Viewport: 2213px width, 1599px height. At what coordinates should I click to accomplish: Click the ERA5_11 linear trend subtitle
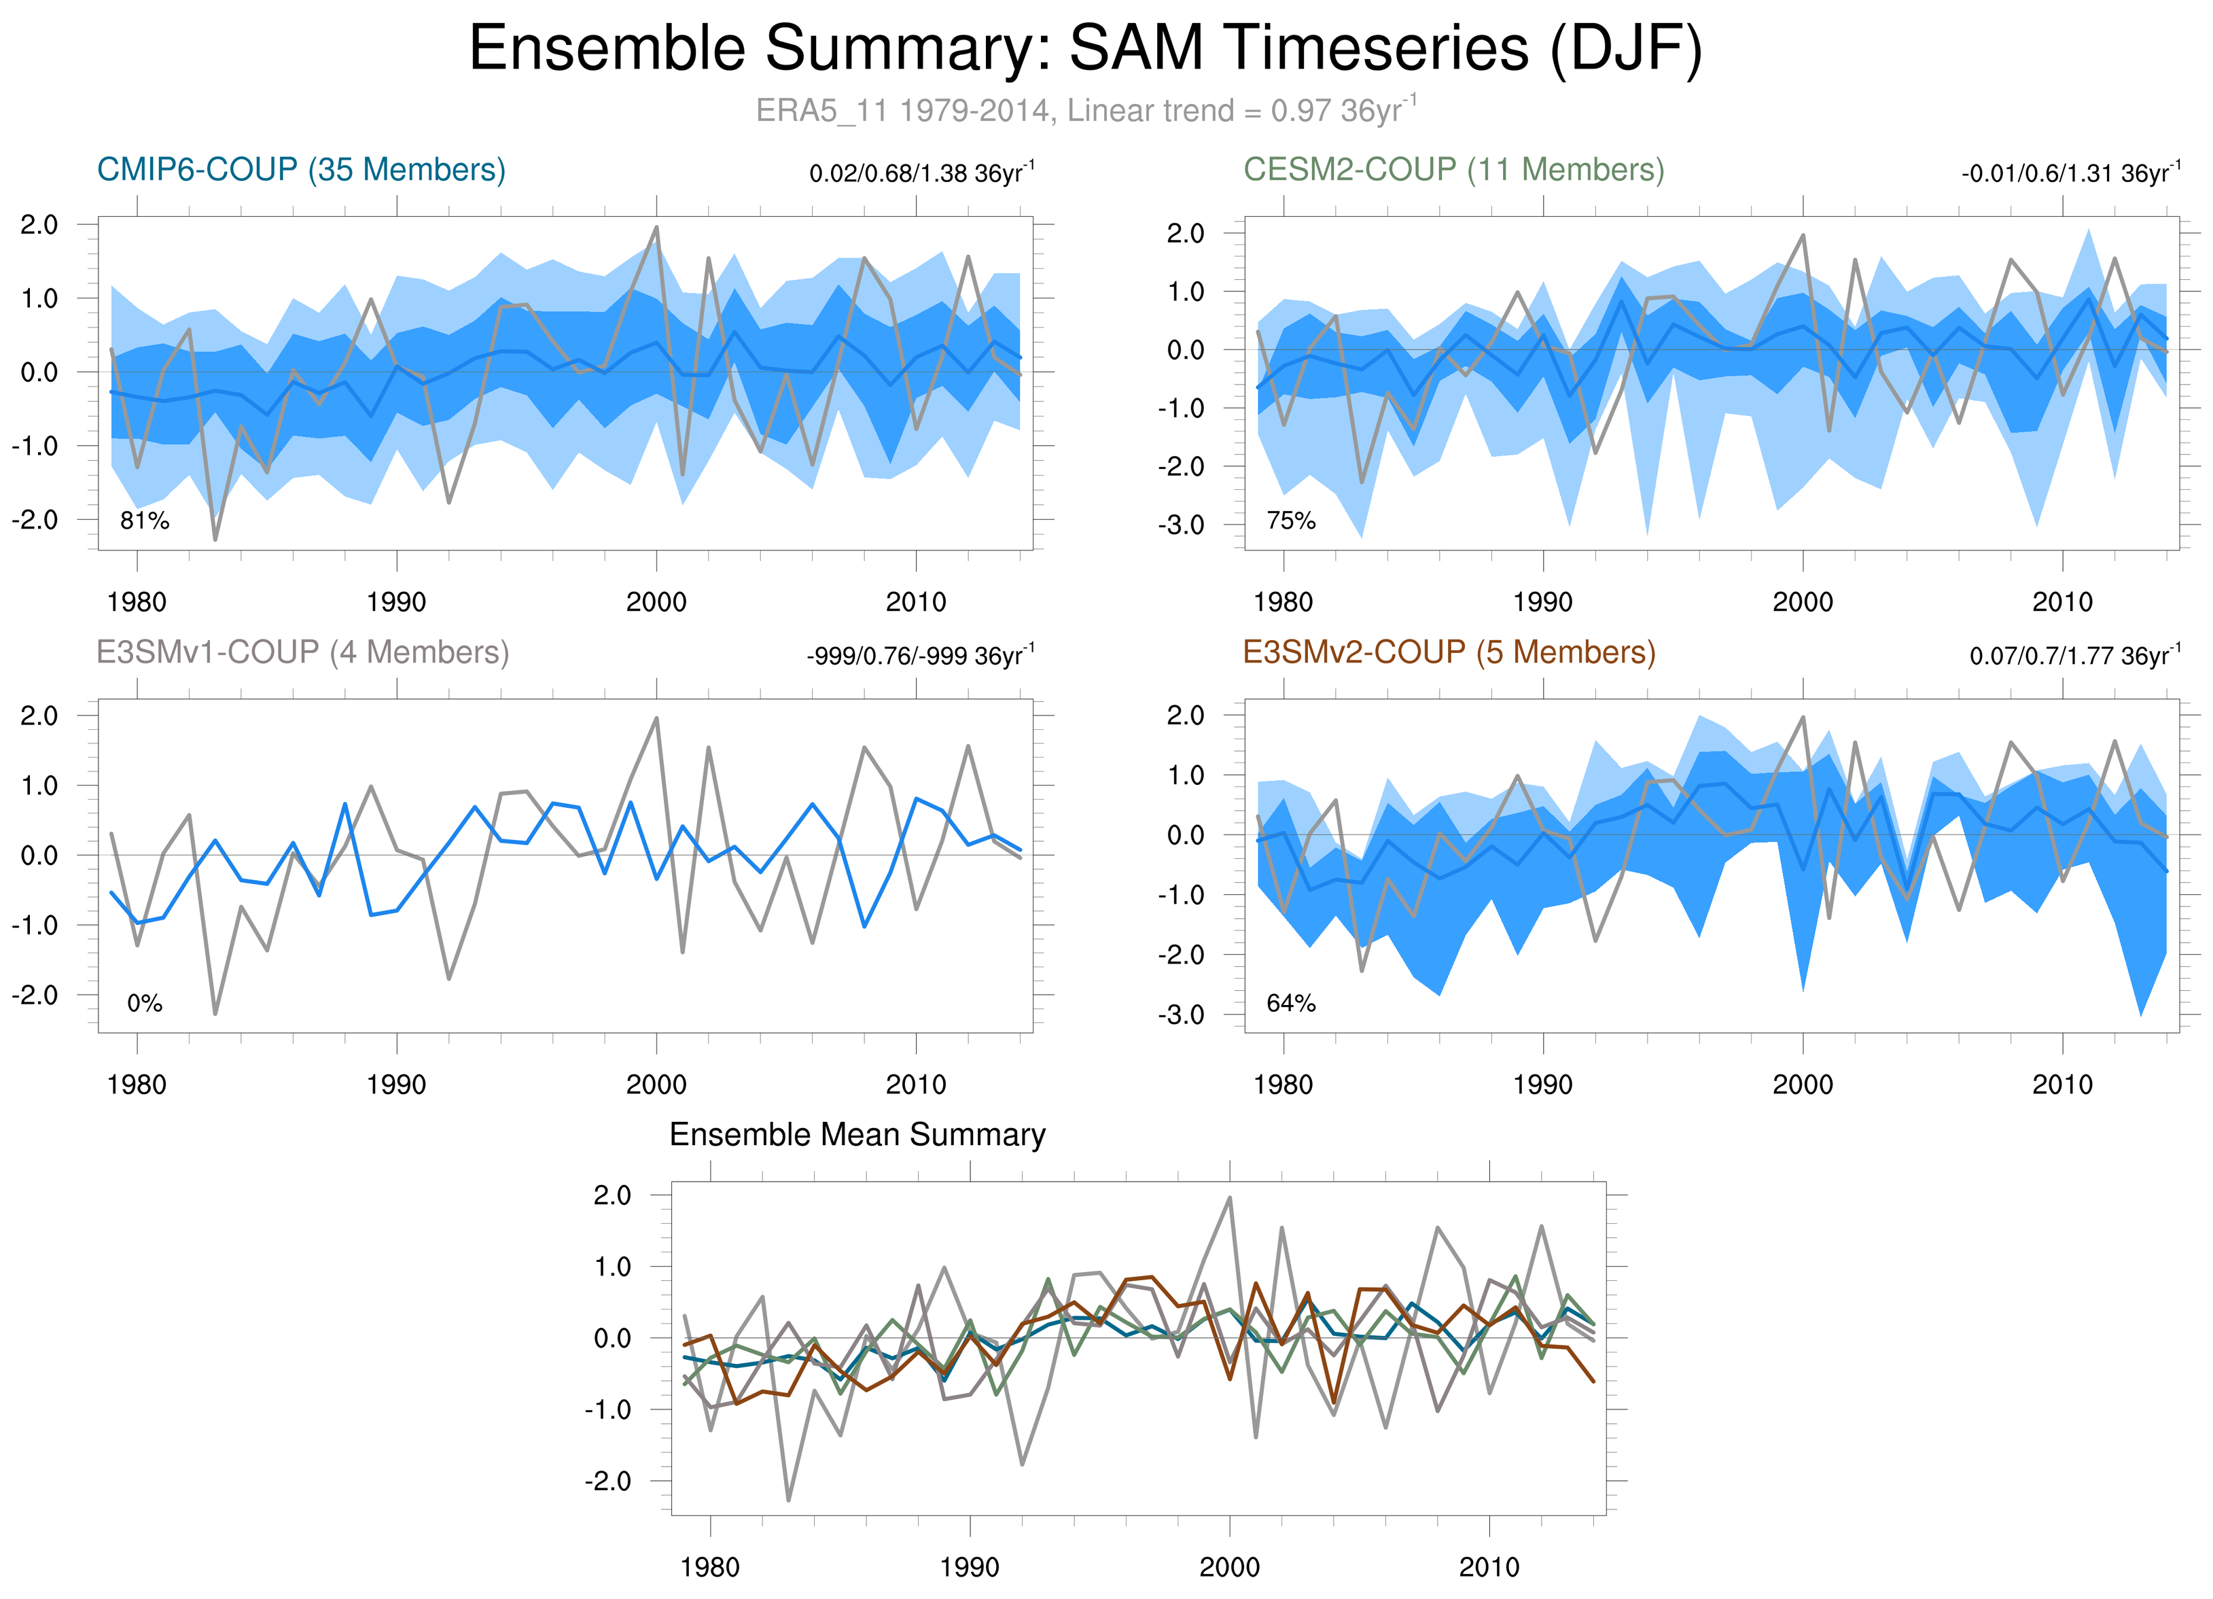[1085, 110]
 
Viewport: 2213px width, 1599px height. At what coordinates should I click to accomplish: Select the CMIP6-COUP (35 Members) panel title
[300, 170]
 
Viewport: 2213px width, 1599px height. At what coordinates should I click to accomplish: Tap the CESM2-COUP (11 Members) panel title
[1453, 170]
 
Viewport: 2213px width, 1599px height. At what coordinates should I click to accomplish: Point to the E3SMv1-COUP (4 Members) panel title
[302, 652]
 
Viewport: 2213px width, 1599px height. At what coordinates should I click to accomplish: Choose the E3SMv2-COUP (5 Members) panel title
[1449, 652]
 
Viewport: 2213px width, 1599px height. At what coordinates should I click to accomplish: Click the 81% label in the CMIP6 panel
[145, 521]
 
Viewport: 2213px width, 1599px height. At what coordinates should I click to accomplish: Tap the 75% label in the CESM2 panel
[1291, 521]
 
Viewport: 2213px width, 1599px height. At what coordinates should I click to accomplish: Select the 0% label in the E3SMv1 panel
[145, 1003]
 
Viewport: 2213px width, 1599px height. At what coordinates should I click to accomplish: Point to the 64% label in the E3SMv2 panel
[1291, 1003]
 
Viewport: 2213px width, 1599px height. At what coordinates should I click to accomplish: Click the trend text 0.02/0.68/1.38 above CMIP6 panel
[921, 174]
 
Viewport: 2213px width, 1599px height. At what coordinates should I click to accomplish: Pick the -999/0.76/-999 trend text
[919, 656]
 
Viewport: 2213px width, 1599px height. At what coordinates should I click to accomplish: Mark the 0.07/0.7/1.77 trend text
[2074, 656]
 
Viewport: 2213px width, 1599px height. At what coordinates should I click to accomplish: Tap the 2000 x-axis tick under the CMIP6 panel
[656, 602]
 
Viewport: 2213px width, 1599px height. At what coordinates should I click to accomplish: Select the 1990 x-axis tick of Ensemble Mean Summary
[969, 1567]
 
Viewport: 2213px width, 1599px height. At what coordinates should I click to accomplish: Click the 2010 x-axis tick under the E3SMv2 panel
[2061, 1084]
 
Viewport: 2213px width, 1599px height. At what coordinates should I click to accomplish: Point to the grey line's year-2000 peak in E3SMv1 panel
[656, 718]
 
